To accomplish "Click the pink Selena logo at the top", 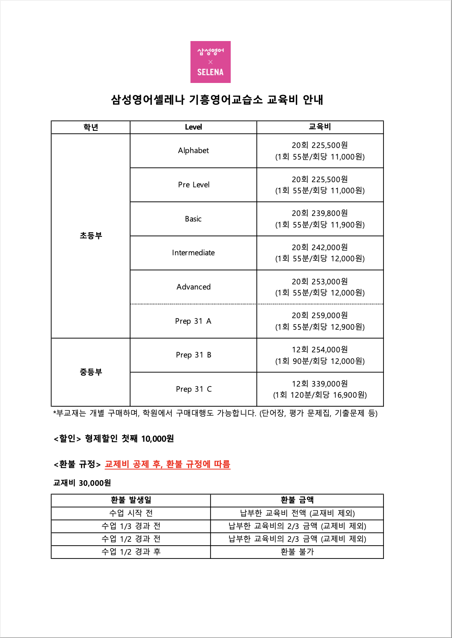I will click(x=210, y=62).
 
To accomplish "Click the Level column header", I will click(x=193, y=127).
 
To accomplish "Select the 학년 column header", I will click(x=91, y=127).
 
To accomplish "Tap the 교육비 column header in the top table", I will click(x=320, y=127).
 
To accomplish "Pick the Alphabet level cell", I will click(x=193, y=151).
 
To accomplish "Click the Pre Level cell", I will click(x=193, y=185).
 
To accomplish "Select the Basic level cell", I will click(x=193, y=219).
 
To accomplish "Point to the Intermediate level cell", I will click(x=193, y=253).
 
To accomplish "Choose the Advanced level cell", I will click(x=193, y=287).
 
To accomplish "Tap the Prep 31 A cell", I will click(x=193, y=321).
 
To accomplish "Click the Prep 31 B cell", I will click(x=193, y=355).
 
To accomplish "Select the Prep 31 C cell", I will click(x=193, y=389).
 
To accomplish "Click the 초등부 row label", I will click(x=91, y=236).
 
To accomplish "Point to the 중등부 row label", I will click(x=91, y=372).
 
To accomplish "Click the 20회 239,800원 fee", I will click(x=320, y=213).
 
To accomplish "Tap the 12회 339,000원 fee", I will click(x=320, y=384).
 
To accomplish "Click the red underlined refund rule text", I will click(x=167, y=464).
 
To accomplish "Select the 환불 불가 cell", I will click(x=297, y=552).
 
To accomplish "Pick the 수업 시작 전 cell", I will click(x=131, y=513).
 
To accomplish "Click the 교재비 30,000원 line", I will click(x=82, y=483).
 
